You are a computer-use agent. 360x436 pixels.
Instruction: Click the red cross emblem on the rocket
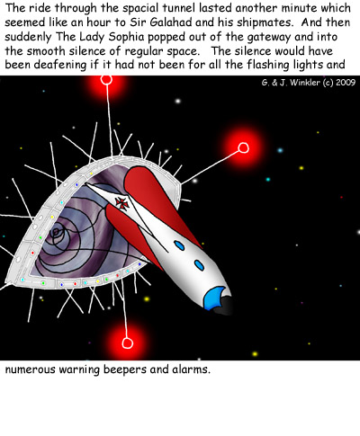pyautogui.click(x=122, y=203)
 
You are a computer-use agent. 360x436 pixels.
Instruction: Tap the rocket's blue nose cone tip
pyautogui.click(x=214, y=298)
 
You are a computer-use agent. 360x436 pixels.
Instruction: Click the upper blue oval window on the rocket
pyautogui.click(x=179, y=245)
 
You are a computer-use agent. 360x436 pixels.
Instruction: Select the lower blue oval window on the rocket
pyautogui.click(x=199, y=265)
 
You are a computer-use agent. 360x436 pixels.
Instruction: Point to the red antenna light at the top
pyautogui.click(x=106, y=80)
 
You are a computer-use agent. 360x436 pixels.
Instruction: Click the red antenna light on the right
pyautogui.click(x=243, y=147)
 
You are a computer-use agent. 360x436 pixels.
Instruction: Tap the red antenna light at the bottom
pyautogui.click(x=127, y=343)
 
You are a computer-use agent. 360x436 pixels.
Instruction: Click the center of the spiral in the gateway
pyautogui.click(x=56, y=232)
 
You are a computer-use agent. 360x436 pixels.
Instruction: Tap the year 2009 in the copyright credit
pyautogui.click(x=346, y=83)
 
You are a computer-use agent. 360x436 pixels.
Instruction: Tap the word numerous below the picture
pyautogui.click(x=31, y=369)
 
